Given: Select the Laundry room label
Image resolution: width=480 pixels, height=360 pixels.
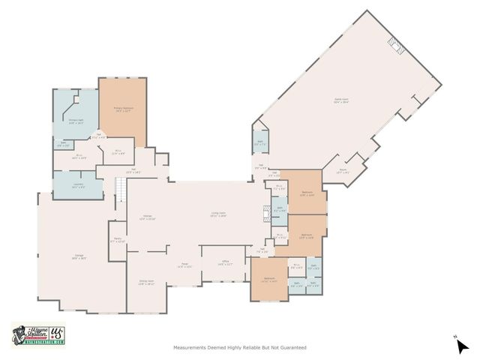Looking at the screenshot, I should (x=76, y=187).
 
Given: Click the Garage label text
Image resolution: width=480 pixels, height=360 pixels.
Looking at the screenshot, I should (x=79, y=257).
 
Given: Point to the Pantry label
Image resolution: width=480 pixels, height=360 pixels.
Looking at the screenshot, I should (x=118, y=240).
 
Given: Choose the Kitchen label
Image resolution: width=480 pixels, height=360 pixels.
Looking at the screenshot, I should (x=148, y=217).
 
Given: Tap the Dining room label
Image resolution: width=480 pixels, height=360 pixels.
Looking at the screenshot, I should (x=145, y=283).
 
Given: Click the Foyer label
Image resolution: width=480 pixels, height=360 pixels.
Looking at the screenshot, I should (x=184, y=265).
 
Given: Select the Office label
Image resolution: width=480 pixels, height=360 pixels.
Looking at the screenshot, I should (x=224, y=263).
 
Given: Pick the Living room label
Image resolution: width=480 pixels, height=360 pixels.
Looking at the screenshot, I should (x=218, y=214).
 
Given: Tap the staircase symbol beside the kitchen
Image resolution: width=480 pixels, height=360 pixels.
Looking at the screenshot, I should (x=119, y=193).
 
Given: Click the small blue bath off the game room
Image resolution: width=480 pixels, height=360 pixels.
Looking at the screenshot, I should (x=260, y=142).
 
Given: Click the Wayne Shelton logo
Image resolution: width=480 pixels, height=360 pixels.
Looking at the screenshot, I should (x=38, y=334).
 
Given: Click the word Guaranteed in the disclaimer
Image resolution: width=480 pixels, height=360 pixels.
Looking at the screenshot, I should (x=292, y=347).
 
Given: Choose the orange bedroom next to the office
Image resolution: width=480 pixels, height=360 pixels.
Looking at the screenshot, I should (x=269, y=280).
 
